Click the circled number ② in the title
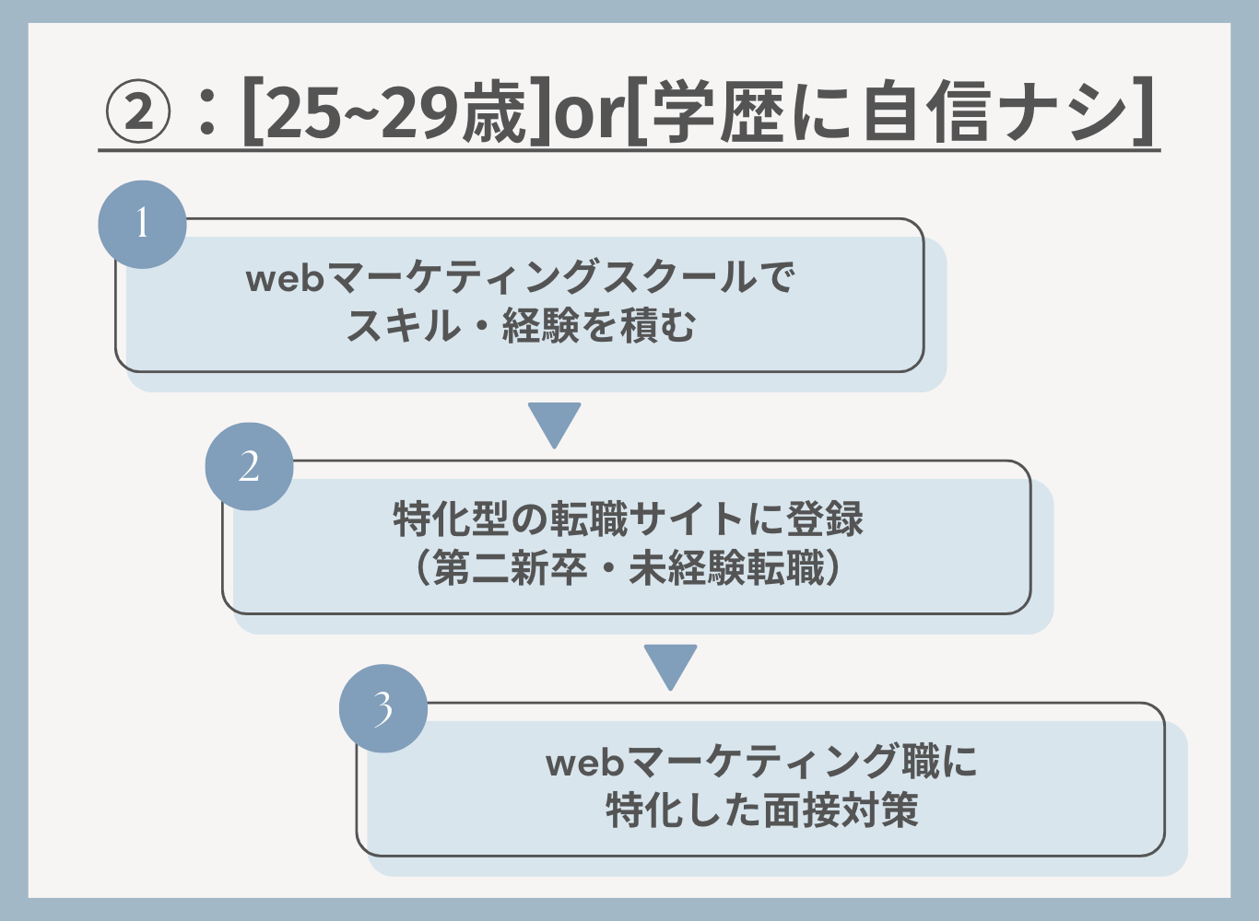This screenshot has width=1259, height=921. (x=137, y=111)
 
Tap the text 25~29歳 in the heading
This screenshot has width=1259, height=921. (x=395, y=111)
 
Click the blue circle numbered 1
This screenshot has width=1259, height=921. (x=142, y=224)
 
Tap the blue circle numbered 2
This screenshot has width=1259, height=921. (x=249, y=466)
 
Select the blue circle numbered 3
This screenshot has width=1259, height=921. (x=383, y=708)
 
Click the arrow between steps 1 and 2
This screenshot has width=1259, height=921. (x=554, y=425)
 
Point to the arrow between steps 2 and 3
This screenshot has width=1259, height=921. (x=671, y=667)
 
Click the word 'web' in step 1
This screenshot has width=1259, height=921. (x=285, y=277)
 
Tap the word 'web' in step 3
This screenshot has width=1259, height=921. (x=584, y=763)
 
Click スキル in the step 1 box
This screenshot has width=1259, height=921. (x=403, y=326)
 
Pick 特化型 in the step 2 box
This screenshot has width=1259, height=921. (x=452, y=518)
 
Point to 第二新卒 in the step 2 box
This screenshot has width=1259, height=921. (x=511, y=567)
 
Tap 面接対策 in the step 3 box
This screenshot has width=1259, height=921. (x=841, y=810)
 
